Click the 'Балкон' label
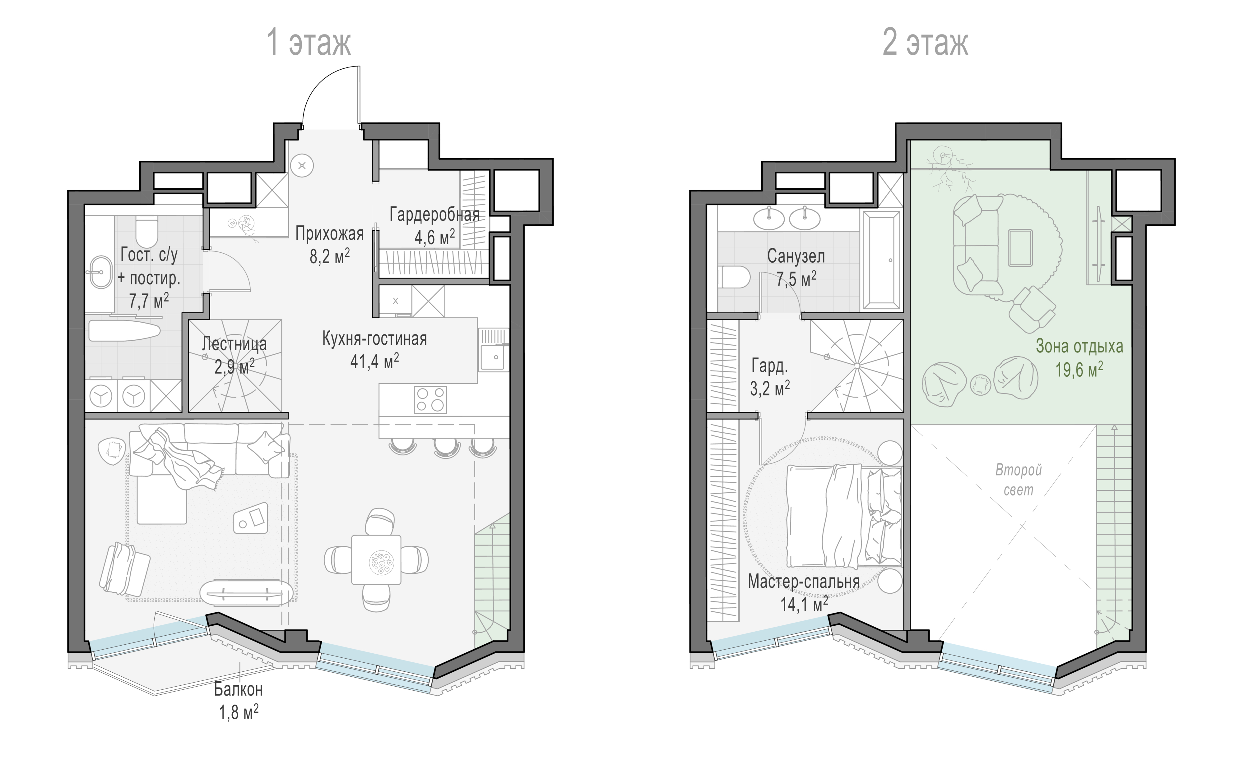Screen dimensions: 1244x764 pyautogui.click(x=238, y=689)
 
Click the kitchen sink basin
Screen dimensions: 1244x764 pyautogui.click(x=493, y=357)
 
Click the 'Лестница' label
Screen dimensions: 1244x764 pyautogui.click(x=234, y=344)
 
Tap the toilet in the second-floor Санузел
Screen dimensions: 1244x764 pyautogui.click(x=733, y=277)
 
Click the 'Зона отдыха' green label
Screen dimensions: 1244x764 pyautogui.click(x=1079, y=346)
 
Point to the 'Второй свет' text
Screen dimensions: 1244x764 pyautogui.click(x=1019, y=480)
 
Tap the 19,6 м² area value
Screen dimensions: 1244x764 pyautogui.click(x=1079, y=369)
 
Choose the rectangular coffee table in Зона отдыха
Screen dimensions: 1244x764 pyautogui.click(x=1021, y=248)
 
